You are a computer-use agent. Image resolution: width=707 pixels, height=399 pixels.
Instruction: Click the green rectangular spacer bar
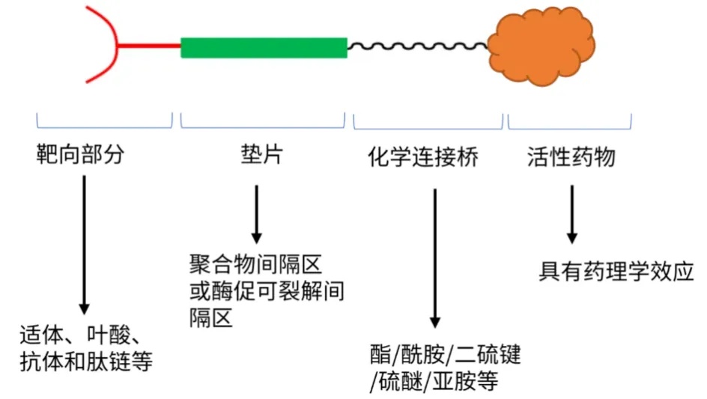tap(264, 48)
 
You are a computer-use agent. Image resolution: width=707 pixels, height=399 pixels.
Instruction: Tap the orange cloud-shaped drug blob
tap(541, 46)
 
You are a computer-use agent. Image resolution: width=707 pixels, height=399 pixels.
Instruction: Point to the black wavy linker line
tap(417, 47)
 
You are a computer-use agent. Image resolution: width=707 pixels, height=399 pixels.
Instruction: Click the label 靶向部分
tap(79, 156)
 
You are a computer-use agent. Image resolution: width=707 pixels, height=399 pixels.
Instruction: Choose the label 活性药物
tap(571, 156)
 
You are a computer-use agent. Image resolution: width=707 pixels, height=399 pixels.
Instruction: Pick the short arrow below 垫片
tap(256, 213)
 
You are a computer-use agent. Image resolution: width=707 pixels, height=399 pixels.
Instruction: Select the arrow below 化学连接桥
tap(434, 258)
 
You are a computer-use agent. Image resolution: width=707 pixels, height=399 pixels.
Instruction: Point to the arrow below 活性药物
tap(571, 214)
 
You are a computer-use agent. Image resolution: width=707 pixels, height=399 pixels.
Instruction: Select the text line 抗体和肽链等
tap(87, 363)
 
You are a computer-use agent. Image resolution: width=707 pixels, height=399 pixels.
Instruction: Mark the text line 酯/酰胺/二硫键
tap(445, 353)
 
